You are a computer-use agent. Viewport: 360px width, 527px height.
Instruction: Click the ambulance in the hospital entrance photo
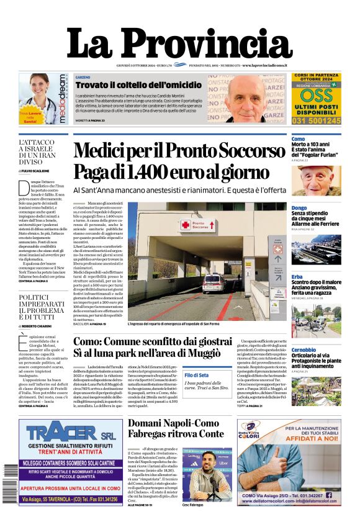(x=213, y=283)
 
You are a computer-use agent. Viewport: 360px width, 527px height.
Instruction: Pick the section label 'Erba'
(x=297, y=276)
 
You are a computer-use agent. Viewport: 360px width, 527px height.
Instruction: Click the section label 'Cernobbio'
(x=304, y=349)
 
